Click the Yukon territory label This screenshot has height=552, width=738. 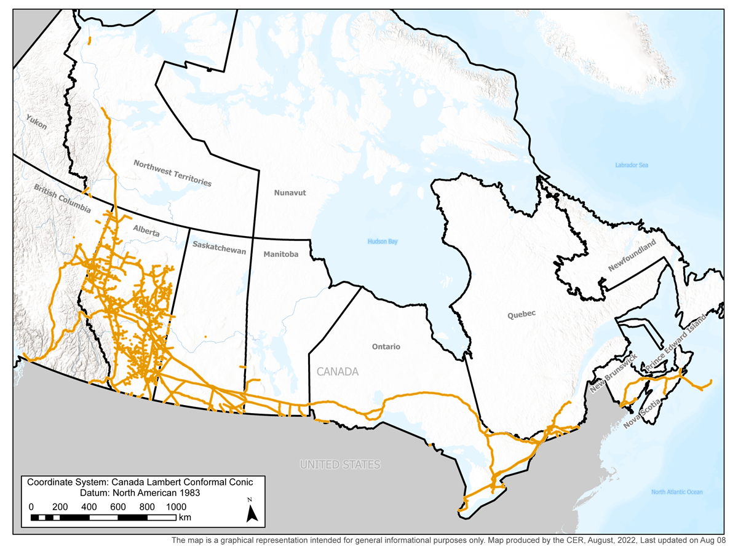[x=36, y=122]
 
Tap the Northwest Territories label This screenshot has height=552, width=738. [x=172, y=173]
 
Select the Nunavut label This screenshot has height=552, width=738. [x=290, y=192]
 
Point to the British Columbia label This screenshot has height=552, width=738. [x=61, y=208]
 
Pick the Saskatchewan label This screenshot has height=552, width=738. [x=219, y=248]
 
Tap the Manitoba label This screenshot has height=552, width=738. [x=280, y=254]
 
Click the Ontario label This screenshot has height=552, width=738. [x=386, y=347]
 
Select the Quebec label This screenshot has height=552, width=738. [x=522, y=313]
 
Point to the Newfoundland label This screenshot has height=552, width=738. [x=632, y=256]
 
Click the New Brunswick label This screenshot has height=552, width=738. [x=613, y=374]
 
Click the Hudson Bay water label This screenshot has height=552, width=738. [x=383, y=242]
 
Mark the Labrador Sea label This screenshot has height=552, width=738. [x=632, y=165]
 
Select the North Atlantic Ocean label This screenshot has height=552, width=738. [x=676, y=492]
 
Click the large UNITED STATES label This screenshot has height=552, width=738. [x=339, y=465]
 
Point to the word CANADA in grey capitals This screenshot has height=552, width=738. [x=337, y=372]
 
